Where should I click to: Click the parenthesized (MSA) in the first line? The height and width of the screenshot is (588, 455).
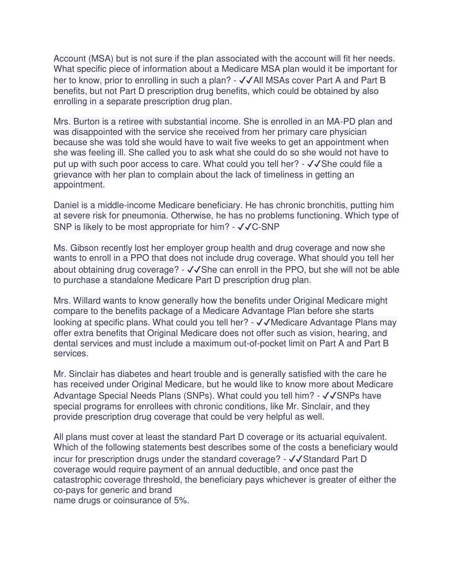pos(101,59)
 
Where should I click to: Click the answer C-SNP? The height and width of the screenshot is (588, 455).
pos(266,227)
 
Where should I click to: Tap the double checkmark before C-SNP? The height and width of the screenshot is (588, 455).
pos(244,227)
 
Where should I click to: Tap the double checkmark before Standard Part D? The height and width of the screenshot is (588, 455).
pos(296,459)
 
